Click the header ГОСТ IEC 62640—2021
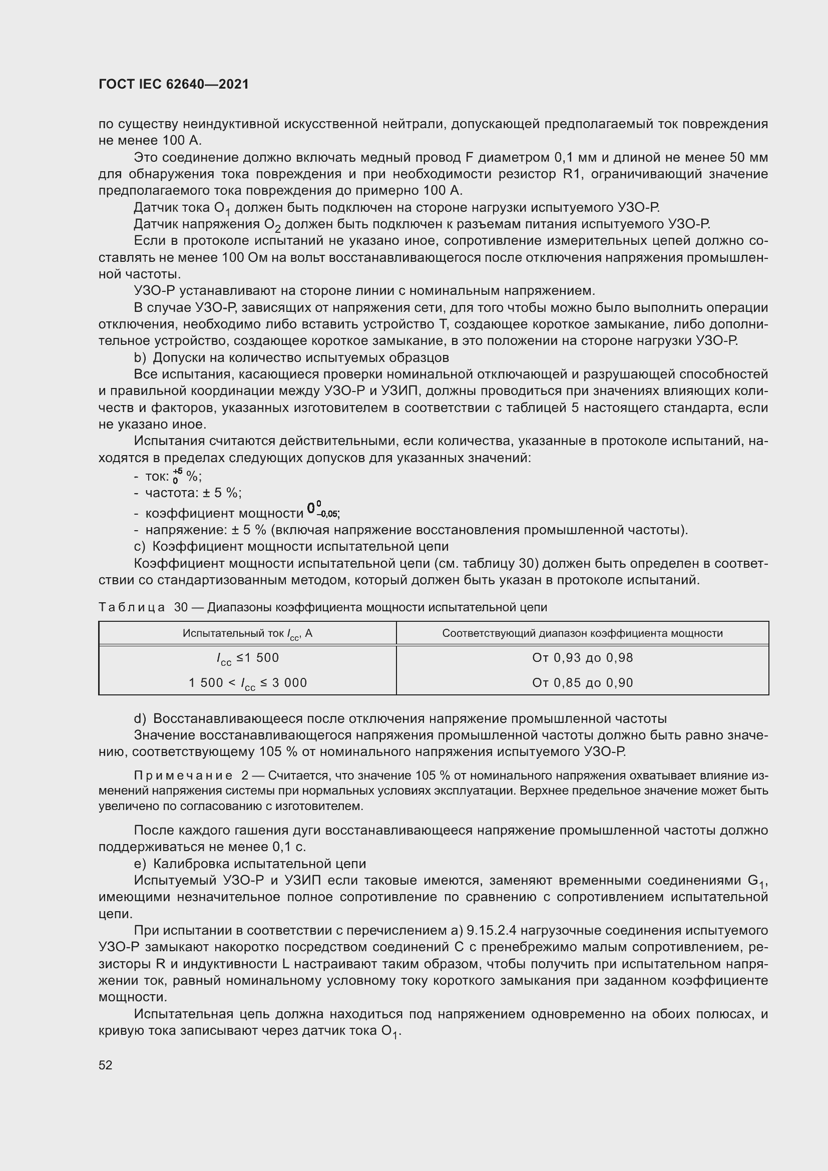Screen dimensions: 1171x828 [174, 85]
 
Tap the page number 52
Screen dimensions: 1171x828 [106, 1065]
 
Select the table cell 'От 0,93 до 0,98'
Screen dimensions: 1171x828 [582, 658]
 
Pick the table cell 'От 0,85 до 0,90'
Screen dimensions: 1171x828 [582, 683]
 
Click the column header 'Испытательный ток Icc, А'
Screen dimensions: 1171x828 [247, 634]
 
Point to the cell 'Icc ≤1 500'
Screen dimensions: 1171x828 [247, 658]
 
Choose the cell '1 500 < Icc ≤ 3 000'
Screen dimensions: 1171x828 [247, 683]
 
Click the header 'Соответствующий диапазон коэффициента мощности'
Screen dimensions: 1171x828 [582, 633]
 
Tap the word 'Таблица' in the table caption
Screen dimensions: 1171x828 [132, 607]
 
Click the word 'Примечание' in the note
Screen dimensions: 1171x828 [183, 775]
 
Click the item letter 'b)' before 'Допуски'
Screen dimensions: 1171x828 [140, 357]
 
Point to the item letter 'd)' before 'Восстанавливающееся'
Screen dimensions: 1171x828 [140, 718]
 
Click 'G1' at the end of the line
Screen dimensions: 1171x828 [756, 882]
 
